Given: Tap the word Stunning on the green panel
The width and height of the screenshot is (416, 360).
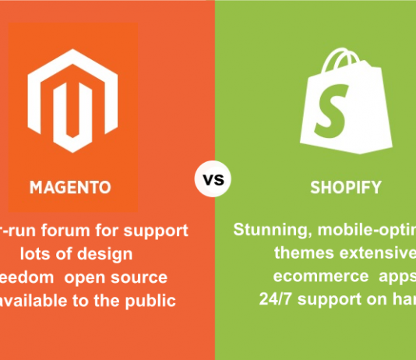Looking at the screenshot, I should pos(268,231).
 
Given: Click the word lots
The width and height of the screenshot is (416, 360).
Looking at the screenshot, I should pos(41,254).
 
